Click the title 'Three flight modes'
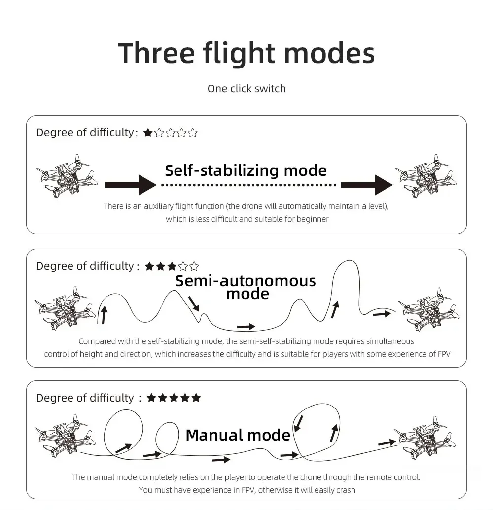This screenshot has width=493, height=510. [x=246, y=54]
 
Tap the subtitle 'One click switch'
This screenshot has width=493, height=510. [x=246, y=89]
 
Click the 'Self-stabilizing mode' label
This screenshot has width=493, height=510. [x=246, y=170]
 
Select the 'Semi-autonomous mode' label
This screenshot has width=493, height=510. [x=246, y=287]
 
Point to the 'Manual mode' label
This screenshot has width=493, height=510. [x=238, y=435]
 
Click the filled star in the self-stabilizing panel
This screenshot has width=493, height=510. [x=148, y=133]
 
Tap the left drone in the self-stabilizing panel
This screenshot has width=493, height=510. [x=67, y=175]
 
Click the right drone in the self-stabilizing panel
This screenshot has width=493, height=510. [x=426, y=175]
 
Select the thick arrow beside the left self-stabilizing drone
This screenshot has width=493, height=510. [x=130, y=185]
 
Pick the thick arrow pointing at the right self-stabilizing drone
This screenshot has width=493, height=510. [x=367, y=185]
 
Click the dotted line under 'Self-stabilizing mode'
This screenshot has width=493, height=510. [x=249, y=185]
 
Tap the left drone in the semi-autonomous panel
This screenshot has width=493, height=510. [x=66, y=308]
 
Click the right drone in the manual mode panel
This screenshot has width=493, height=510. [x=425, y=438]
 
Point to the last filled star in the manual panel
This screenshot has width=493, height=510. [x=196, y=398]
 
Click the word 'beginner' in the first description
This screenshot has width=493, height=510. [x=313, y=219]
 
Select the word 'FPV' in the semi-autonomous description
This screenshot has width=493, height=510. [x=444, y=354]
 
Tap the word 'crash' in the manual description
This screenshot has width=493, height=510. [x=346, y=490]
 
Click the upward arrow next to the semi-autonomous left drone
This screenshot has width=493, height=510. [x=104, y=314]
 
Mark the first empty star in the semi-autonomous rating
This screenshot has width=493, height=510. [x=183, y=266]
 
